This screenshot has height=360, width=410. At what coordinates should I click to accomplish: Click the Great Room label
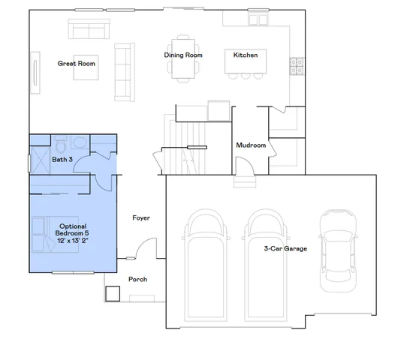point(77,64)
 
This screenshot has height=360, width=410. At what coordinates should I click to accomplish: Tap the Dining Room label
point(184,55)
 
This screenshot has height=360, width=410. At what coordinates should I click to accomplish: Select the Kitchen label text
point(246,55)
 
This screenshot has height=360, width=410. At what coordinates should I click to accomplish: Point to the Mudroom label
point(251,145)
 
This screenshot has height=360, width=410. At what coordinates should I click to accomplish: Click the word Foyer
point(141,218)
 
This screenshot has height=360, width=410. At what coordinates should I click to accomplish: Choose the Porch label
point(137,280)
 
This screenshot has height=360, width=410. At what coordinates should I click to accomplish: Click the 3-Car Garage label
point(285,248)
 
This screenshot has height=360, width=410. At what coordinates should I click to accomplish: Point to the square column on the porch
point(113,293)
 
